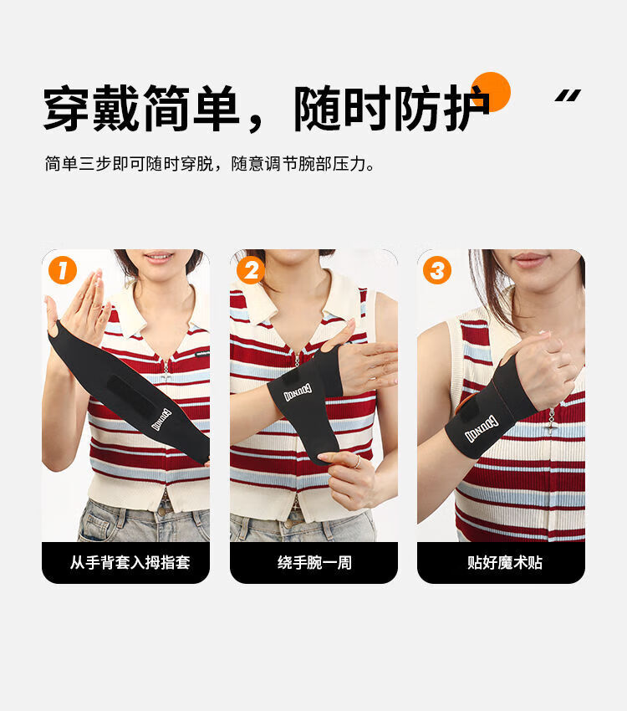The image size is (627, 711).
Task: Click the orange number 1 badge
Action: tap(62, 270)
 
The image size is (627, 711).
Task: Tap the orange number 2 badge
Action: tap(251, 270)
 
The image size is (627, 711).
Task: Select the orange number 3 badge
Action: tap(436, 270)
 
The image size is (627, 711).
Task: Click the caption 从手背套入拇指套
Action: tap(130, 563)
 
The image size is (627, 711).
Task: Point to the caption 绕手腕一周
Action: tap(314, 563)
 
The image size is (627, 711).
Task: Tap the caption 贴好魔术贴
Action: tap(505, 563)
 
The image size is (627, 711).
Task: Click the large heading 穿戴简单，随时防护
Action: tap(267, 109)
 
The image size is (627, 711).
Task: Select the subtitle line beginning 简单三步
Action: tap(210, 164)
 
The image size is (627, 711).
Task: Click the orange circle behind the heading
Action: tap(491, 91)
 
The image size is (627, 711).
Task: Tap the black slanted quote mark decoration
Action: tap(568, 95)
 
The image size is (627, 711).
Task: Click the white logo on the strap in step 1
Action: tap(161, 419)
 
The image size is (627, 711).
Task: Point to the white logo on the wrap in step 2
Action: tap(298, 392)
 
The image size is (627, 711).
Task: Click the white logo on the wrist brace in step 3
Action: tap(481, 429)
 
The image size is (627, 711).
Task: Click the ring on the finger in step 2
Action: tap(358, 462)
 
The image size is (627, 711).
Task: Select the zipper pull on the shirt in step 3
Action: tap(552, 417)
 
